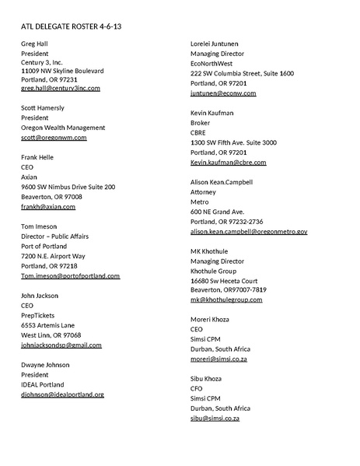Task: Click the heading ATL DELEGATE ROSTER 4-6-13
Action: (x=71, y=26)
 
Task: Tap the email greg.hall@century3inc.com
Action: (x=61, y=88)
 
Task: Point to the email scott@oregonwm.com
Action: (x=54, y=138)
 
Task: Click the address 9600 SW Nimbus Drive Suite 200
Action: (x=68, y=187)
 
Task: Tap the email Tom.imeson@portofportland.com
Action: (x=70, y=275)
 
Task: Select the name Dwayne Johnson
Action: (x=45, y=364)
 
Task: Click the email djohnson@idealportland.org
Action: (x=62, y=394)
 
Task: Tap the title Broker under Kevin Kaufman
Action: (x=201, y=123)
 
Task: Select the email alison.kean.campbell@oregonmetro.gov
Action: (x=249, y=232)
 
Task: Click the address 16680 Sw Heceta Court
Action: (x=224, y=280)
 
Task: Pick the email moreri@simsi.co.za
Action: (x=218, y=359)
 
